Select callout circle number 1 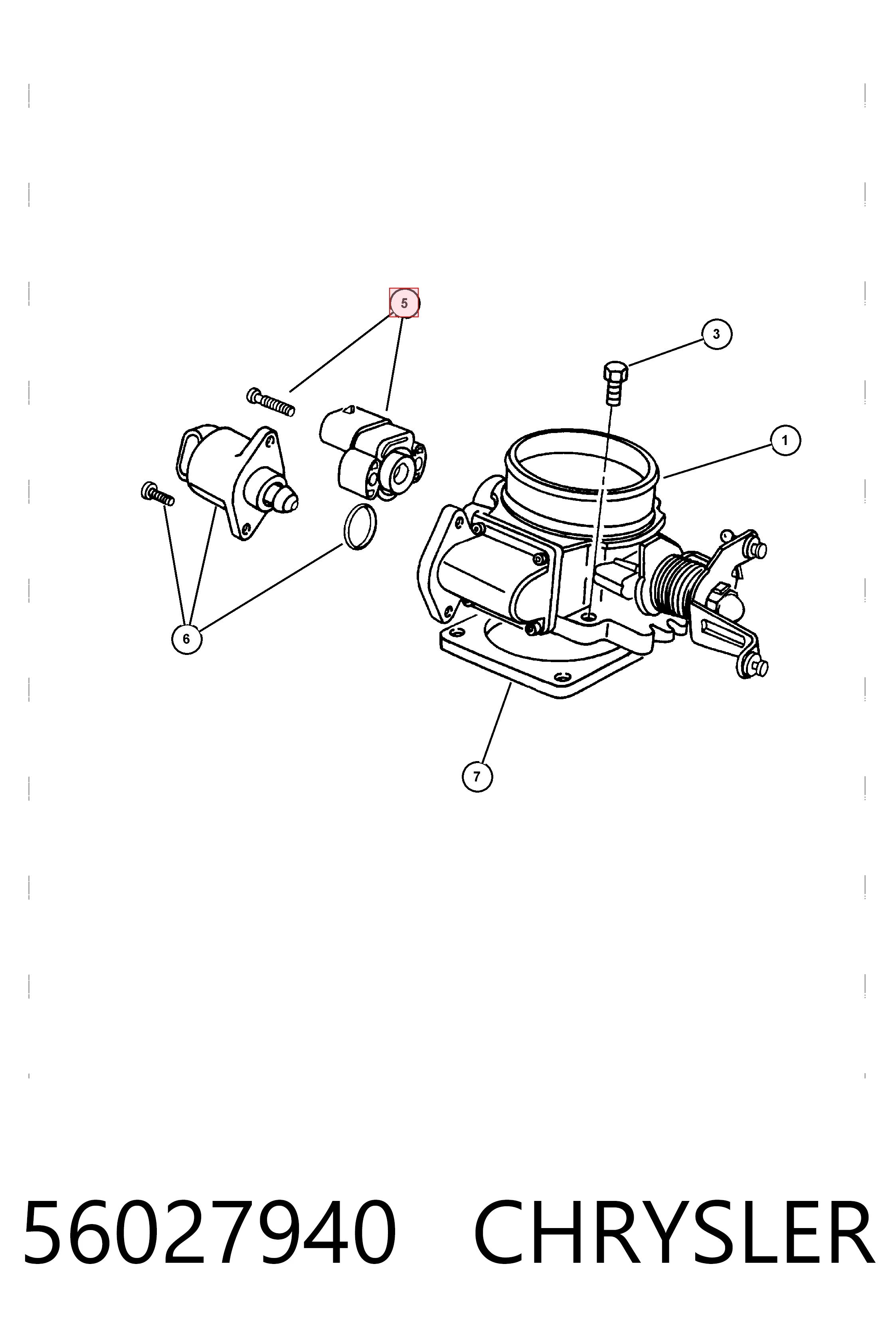[x=785, y=440]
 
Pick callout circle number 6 [x=186, y=639]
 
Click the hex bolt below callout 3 [x=615, y=383]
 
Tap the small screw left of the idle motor [x=157, y=494]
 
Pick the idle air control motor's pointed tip [x=290, y=502]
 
